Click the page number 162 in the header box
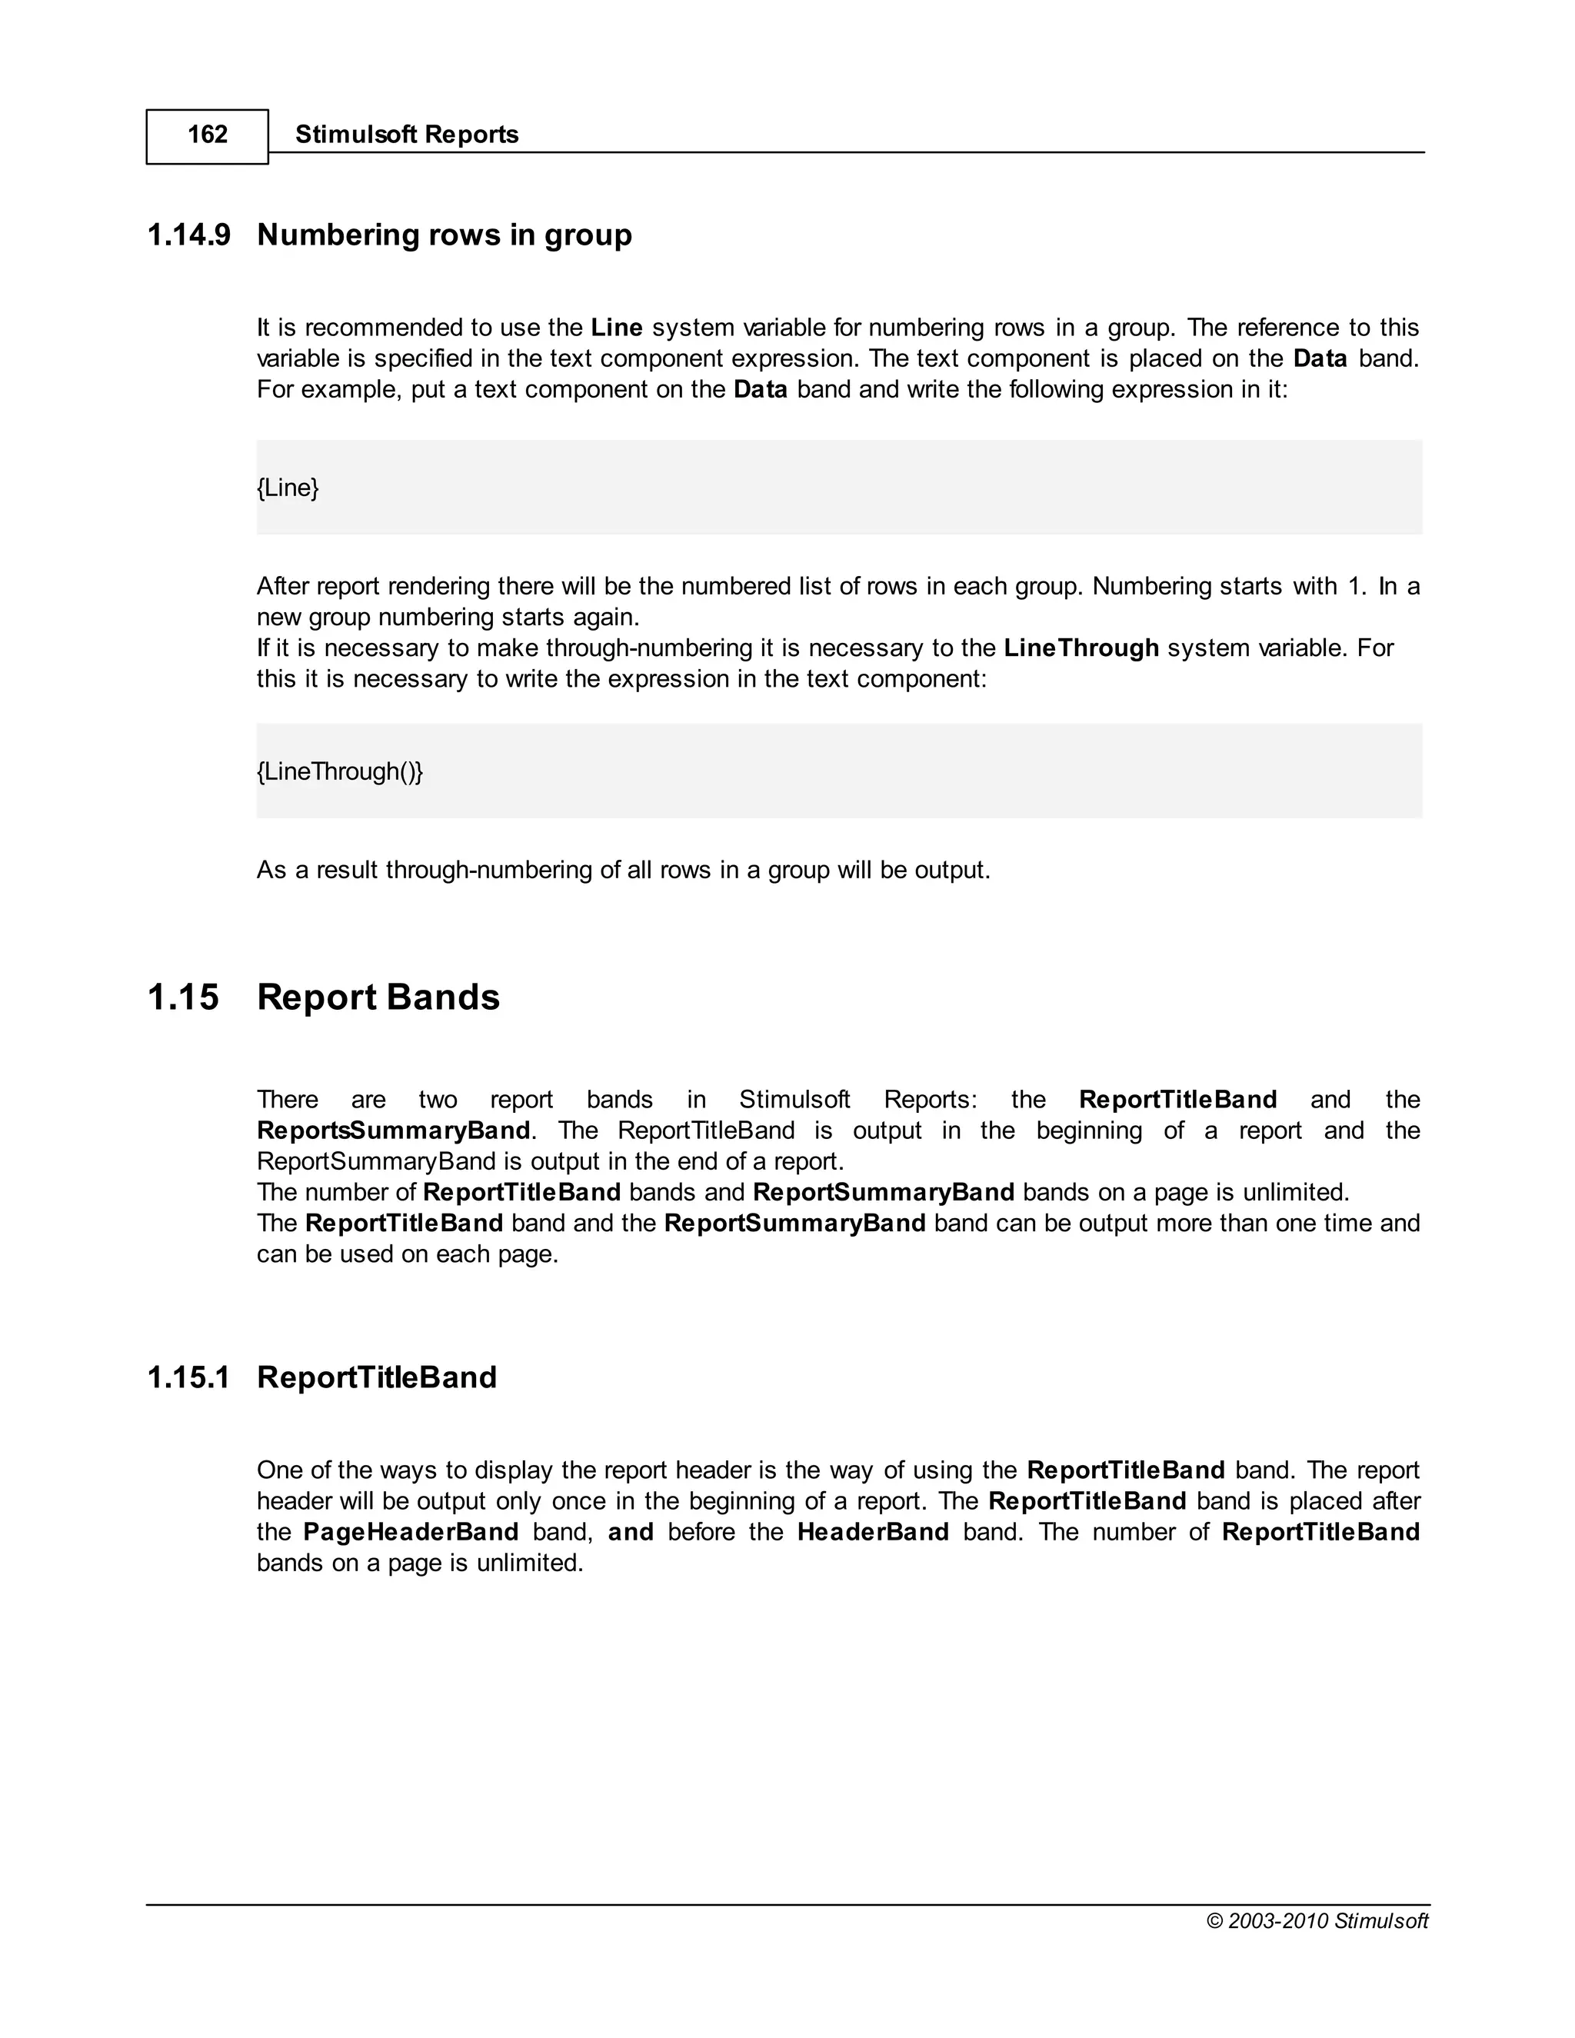click(x=207, y=135)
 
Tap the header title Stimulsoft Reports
click(x=407, y=135)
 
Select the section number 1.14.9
click(x=189, y=235)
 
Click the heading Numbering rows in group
click(x=445, y=235)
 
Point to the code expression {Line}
click(x=288, y=487)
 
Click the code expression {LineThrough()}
click(x=340, y=771)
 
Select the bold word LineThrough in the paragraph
click(x=1081, y=648)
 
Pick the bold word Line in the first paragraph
click(x=617, y=328)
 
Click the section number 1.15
click(x=184, y=997)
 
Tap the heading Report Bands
click(x=378, y=997)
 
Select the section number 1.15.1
click(x=189, y=1377)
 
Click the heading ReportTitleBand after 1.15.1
click(x=377, y=1377)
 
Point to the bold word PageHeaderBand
click(x=411, y=1532)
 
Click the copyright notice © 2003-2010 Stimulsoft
click(x=1317, y=1920)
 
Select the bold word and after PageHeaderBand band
click(x=631, y=1532)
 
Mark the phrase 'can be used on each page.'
click(x=407, y=1254)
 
